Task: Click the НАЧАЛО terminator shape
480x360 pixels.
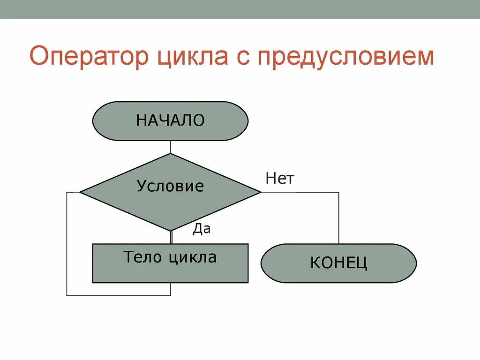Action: (170, 121)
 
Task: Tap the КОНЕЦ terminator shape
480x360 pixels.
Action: (338, 263)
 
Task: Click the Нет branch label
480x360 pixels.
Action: (280, 179)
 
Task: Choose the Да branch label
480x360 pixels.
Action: (202, 229)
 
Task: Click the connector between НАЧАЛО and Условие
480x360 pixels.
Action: (170, 147)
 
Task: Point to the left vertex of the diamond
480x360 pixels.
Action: (81, 192)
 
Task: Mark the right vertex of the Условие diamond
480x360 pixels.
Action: (260, 192)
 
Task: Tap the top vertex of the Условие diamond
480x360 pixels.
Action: (170, 154)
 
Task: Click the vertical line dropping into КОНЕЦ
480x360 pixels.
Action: (338, 218)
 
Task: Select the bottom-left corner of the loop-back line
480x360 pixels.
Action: (67, 295)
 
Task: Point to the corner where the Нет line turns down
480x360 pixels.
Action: (338, 192)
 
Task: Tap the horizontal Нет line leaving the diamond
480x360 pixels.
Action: (300, 192)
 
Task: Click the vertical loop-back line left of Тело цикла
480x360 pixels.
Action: (67, 244)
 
